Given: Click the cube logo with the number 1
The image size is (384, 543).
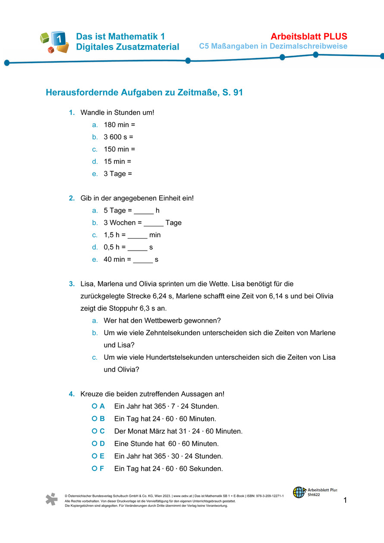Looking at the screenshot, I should coord(55,42).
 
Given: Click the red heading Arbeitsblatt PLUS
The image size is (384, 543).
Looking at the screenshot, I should coord(309,36).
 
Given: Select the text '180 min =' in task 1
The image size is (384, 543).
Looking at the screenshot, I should coord(120,125).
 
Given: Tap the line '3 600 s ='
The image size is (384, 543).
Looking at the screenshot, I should coord(118,137).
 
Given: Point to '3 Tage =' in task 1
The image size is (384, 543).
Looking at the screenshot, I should coord(118,174).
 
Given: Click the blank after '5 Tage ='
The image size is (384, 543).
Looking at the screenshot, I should coord(144,211).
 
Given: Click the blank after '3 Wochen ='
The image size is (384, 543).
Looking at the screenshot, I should coord(154,223).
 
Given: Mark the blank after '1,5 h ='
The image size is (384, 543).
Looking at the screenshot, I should coord(138,235).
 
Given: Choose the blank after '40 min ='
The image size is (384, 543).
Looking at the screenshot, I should coord(143,260).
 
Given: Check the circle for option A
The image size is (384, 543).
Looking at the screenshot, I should coord(94,406).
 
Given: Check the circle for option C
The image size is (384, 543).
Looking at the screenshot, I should coord(94,431).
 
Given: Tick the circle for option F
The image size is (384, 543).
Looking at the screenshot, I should coord(94,468).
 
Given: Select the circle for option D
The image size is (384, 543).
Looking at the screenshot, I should coord(94,443).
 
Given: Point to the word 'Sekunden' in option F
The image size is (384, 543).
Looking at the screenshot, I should coord(208,469).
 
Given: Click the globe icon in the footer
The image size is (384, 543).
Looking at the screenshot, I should coord(299,492).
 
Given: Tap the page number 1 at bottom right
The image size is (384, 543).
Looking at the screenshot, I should coord(345,500).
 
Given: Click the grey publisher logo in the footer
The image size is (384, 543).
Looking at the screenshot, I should coord(51,499).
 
